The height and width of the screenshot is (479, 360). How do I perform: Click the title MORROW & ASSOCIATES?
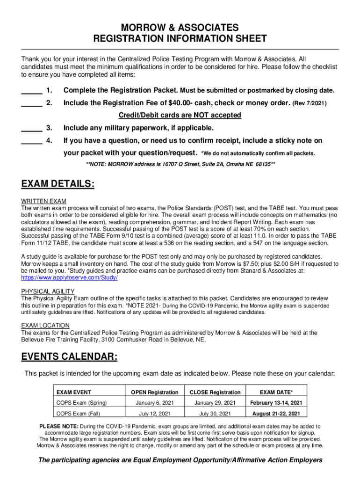180,28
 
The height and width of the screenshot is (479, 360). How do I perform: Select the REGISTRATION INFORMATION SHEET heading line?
180,39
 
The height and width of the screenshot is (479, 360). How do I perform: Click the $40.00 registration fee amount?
170,103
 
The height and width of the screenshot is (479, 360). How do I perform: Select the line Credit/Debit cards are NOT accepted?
180,115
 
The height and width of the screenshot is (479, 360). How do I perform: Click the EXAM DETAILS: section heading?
58,184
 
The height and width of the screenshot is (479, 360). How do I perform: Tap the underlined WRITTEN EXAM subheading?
41,201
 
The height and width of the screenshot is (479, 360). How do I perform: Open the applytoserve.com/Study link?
70,277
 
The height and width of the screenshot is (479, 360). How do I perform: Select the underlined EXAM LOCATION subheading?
45,326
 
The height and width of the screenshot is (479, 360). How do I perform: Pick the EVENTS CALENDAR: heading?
69,357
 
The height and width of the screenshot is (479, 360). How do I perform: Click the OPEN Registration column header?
154,392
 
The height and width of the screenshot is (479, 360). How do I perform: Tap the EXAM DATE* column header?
276,392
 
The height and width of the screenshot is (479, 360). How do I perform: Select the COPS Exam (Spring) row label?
81,403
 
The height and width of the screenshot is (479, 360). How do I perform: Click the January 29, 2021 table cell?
215,403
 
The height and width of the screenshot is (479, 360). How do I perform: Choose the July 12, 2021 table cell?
154,414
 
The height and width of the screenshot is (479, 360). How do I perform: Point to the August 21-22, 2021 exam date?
276,414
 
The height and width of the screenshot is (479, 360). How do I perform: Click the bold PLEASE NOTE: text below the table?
59,427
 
